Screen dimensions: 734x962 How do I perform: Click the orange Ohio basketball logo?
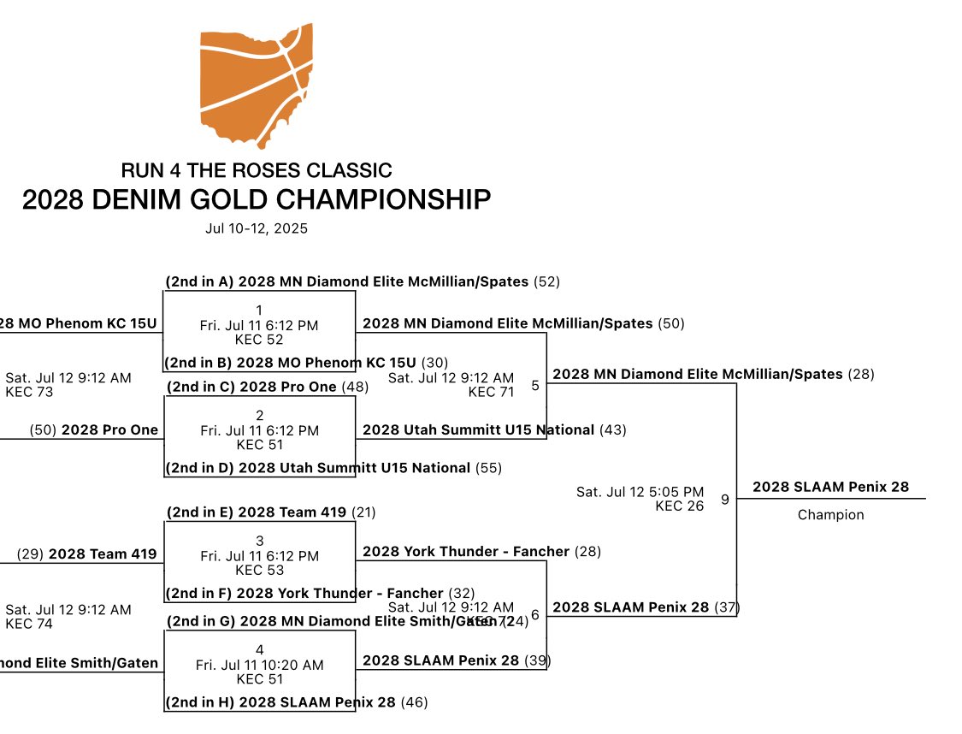[x=257, y=84]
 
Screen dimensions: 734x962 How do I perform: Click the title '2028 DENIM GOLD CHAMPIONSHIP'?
[x=257, y=199]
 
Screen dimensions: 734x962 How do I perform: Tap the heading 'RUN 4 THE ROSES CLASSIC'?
[x=257, y=170]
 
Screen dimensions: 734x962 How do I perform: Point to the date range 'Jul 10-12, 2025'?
[x=257, y=228]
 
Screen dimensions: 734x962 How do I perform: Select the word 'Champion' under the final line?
[x=830, y=515]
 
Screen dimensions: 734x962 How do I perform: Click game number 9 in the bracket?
[x=725, y=500]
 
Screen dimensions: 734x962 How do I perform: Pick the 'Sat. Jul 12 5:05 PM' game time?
[x=640, y=492]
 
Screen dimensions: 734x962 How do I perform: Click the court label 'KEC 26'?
[x=680, y=506]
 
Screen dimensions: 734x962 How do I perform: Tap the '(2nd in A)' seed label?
[x=200, y=281]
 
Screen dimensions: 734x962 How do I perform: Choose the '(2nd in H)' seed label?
[x=200, y=702]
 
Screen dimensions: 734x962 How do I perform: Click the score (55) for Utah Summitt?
[x=488, y=468]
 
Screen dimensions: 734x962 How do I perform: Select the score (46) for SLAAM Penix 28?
[x=414, y=702]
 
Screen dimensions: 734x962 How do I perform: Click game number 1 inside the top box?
[x=259, y=310]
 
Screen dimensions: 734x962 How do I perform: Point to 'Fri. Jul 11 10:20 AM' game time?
[x=259, y=665]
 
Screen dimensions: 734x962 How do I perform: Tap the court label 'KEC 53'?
[x=259, y=571]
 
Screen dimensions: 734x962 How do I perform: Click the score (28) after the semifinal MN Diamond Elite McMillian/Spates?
[x=861, y=375]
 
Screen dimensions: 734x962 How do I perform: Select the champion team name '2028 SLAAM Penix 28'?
[x=830, y=487]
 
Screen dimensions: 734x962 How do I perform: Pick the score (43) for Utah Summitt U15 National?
[x=612, y=429]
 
